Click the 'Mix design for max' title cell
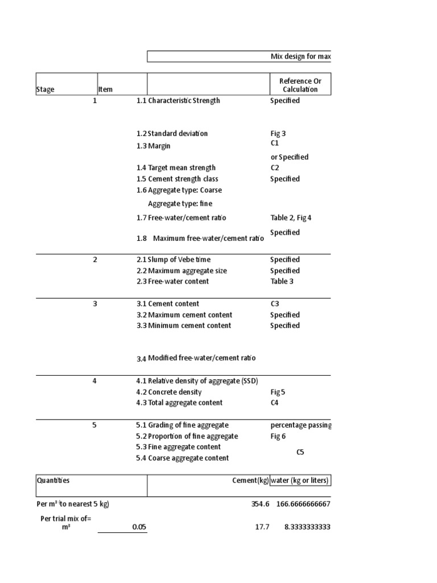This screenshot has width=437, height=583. (300, 57)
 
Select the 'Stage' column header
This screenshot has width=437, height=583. (46, 89)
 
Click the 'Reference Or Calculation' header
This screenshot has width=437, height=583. (300, 85)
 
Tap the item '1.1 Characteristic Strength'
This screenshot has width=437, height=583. (178, 101)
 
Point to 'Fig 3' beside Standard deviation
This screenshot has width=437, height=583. (278, 134)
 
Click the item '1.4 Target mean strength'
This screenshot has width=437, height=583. (176, 168)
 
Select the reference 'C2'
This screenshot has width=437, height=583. (275, 168)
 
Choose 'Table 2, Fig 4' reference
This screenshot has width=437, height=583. (291, 217)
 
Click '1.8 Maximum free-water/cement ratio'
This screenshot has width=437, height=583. (200, 239)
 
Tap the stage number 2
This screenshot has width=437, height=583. (95, 260)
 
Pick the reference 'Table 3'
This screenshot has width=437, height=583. (282, 281)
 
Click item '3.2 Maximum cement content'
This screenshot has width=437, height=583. (184, 315)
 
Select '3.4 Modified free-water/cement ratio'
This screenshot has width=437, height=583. (196, 358)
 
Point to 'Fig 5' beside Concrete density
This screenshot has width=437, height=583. (278, 392)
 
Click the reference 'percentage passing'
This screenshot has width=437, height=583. (301, 425)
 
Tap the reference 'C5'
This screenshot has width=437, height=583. (300, 453)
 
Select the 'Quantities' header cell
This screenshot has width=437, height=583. (53, 481)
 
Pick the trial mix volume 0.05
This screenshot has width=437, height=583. (139, 527)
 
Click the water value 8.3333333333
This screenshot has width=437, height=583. (307, 527)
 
